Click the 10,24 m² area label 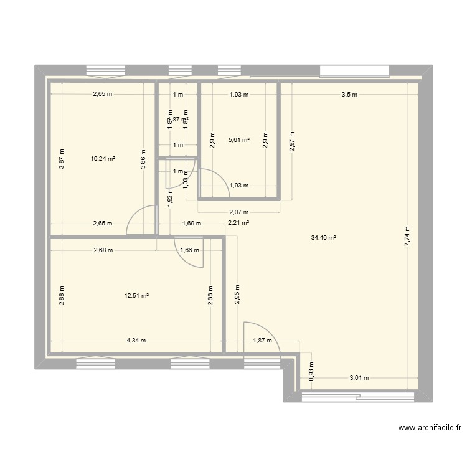pos(103,159)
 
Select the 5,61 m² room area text pos(239,141)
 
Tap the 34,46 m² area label pos(323,237)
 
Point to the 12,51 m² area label pos(136,296)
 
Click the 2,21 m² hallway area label pos(238,223)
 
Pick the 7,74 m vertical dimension pos(407,236)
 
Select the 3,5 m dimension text pos(349,95)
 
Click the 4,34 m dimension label pos(136,341)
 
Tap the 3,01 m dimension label pos(359,377)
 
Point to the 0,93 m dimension pos(311,372)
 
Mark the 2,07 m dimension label pos(238,212)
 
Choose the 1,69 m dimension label pos(191,223)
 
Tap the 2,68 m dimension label pos(103,251)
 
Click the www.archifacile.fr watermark pos(429,428)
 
